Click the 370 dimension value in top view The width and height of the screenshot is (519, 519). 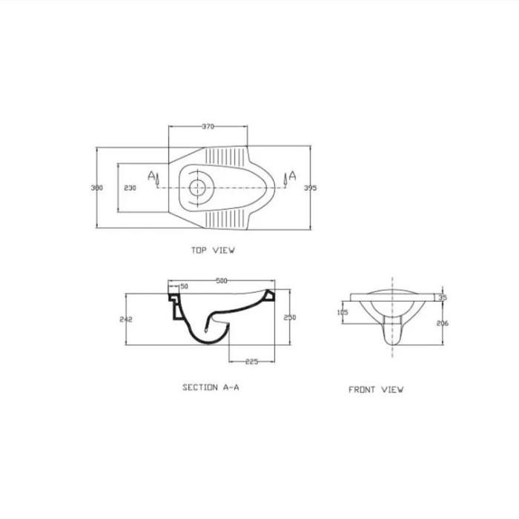coord(208,127)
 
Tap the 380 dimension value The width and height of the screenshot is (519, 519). coord(97,188)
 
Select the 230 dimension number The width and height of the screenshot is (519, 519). coord(130,188)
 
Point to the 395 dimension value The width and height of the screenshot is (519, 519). coord(311,188)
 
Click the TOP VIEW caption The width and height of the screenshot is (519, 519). coord(214,251)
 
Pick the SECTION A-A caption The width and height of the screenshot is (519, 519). coord(211,387)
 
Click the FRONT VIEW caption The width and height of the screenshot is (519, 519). coord(376,389)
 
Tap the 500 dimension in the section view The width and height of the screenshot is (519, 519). coord(222,281)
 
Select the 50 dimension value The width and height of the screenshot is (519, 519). coord(185,286)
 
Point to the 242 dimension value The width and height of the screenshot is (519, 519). coord(126,320)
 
